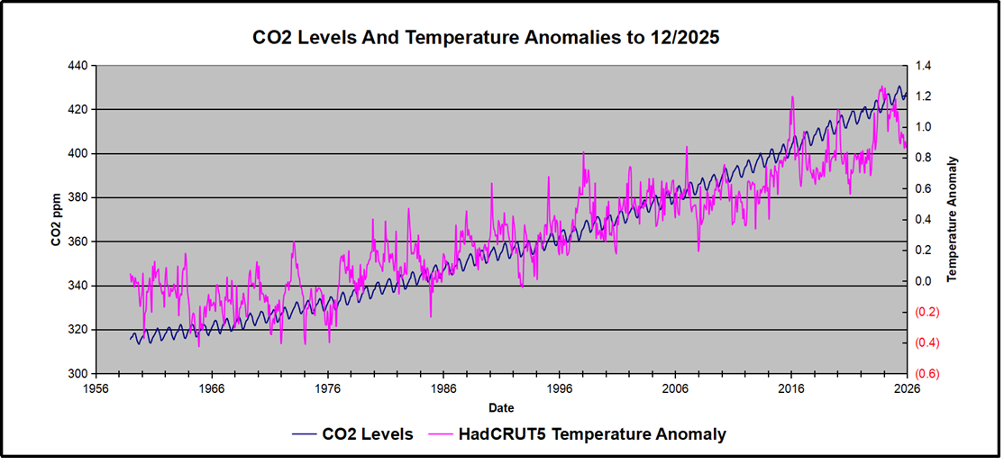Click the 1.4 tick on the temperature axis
[x=926, y=66]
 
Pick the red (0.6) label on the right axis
[x=928, y=374]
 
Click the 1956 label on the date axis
[x=96, y=389]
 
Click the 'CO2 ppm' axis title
[x=56, y=220]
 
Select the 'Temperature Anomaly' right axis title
[x=953, y=220]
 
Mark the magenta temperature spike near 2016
[x=792, y=96]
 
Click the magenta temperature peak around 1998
[x=584, y=152]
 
